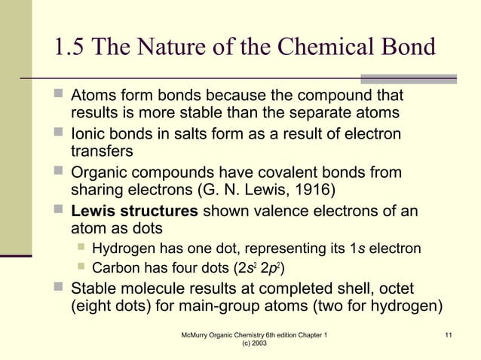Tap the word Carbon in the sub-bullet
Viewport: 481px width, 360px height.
coord(115,268)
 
